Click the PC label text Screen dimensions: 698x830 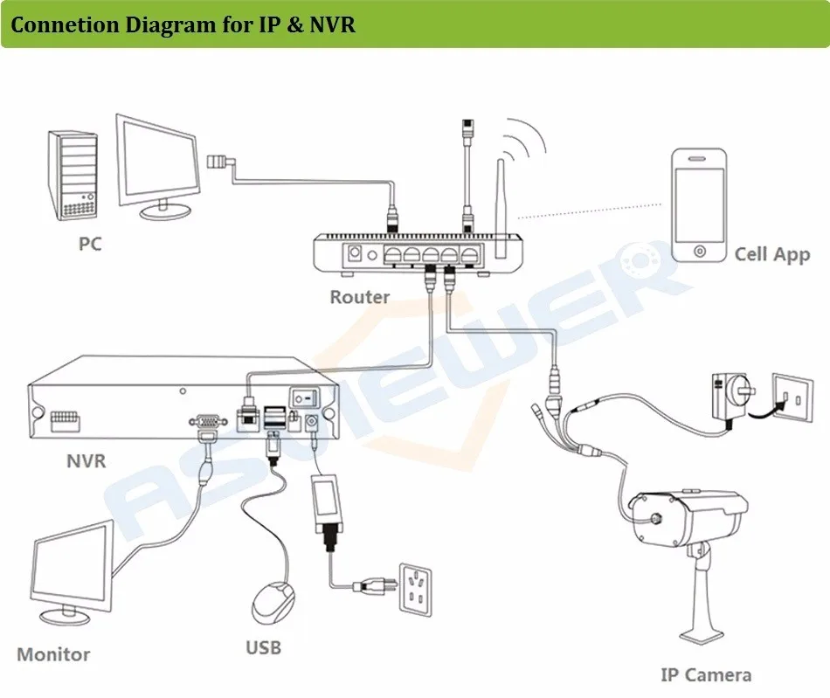click(x=90, y=243)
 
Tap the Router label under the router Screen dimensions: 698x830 click(x=359, y=297)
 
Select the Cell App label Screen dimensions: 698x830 click(x=771, y=254)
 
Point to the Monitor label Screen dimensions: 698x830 click(x=53, y=653)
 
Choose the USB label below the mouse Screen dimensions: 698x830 click(x=263, y=647)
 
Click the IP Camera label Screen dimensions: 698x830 click(x=705, y=674)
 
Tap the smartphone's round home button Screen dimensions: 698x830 click(x=699, y=252)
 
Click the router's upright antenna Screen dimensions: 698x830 click(x=502, y=205)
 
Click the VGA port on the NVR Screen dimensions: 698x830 click(x=206, y=420)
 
